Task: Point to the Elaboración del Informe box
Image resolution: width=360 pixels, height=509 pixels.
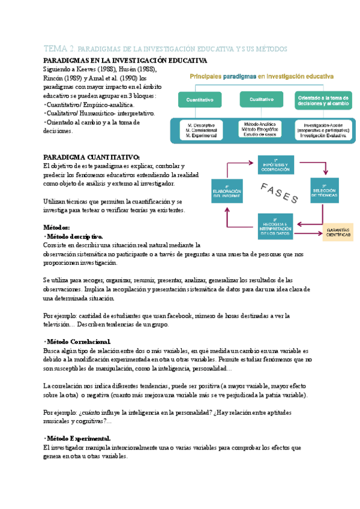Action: tap(227, 191)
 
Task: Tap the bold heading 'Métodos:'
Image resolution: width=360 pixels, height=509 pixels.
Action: tap(58, 227)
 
